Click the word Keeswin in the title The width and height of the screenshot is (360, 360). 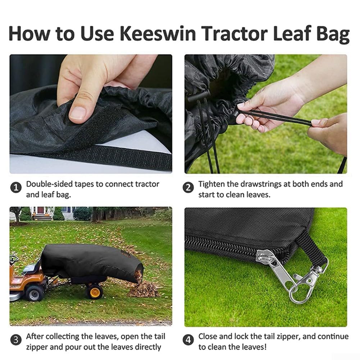[158, 33]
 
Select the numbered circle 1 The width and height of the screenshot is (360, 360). [16, 188]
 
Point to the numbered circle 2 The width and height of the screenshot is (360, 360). [188, 188]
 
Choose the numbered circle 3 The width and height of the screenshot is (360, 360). [16, 340]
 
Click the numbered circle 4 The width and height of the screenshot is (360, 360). [188, 340]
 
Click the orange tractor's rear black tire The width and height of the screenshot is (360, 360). [34, 293]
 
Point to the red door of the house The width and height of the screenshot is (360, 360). [41, 210]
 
